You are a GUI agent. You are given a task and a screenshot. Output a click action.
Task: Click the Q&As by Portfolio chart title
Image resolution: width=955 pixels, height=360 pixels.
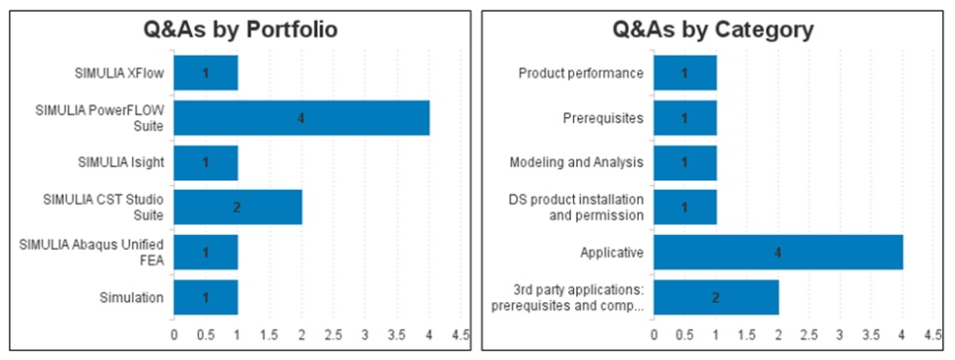point(240,29)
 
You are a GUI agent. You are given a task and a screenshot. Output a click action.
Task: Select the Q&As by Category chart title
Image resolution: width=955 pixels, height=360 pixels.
point(712,29)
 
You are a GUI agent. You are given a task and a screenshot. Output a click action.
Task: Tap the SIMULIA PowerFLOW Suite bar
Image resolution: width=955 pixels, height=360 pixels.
point(301,117)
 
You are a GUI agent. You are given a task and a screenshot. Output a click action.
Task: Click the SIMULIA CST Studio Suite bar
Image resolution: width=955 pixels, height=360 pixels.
point(238,207)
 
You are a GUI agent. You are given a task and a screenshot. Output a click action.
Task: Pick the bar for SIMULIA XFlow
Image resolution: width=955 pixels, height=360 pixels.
point(206,74)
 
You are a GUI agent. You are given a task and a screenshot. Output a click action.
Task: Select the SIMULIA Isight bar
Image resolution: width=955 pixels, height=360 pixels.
point(206,163)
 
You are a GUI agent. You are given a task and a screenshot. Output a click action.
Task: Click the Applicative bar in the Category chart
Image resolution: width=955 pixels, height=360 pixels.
point(778,253)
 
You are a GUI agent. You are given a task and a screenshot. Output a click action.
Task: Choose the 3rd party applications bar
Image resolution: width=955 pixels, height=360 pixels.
point(716,297)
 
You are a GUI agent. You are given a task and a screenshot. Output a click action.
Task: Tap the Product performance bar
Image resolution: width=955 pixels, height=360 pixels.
point(685,74)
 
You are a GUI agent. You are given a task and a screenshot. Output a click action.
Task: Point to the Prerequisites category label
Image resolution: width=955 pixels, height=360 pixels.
point(603,118)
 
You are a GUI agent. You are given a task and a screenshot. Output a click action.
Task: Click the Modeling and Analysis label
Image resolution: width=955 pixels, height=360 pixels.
point(576,163)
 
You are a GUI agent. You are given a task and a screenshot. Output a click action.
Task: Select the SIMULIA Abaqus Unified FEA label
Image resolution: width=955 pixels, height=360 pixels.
point(92,253)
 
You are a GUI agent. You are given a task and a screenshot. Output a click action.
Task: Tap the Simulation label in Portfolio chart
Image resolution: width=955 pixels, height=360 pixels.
point(131,297)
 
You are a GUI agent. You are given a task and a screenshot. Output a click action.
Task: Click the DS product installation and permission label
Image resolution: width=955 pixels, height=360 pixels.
point(576,207)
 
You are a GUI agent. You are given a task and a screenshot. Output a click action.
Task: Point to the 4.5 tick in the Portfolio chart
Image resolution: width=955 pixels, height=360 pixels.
point(461,335)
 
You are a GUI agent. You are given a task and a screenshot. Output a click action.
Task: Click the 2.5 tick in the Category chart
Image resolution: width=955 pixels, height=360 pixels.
point(809,335)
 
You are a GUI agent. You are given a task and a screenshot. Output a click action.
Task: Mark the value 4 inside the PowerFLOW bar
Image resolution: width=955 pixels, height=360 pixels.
point(300,118)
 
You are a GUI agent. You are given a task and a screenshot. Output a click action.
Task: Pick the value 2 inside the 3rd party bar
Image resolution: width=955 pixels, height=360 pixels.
point(716,297)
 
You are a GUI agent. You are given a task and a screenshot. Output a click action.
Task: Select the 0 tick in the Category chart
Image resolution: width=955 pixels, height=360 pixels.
point(655,335)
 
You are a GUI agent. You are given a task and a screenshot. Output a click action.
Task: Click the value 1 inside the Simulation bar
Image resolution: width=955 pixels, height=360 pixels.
point(206,297)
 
